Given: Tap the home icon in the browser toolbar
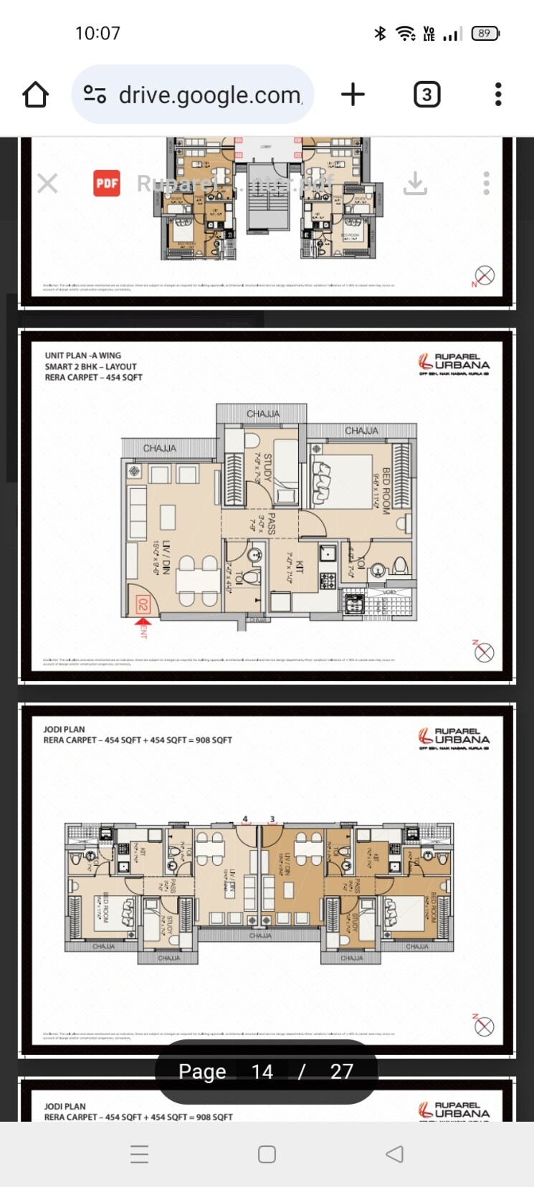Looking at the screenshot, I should (35, 95).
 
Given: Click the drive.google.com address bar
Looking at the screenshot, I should (194, 95).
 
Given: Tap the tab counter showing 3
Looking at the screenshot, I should (426, 95).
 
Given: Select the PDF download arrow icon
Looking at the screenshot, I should (415, 184).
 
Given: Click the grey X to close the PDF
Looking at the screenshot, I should (47, 183).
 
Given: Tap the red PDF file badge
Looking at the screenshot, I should (107, 183).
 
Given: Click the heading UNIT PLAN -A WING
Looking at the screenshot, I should (82, 356).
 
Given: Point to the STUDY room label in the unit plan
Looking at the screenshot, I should (267, 467).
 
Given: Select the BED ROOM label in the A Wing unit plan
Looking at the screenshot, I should (386, 491).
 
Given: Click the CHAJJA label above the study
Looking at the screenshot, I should (263, 414).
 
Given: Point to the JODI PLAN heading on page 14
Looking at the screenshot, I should (64, 730).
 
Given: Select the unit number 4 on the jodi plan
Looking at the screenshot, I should (245, 819).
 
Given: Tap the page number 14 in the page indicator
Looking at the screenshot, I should (262, 1072).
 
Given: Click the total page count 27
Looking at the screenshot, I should (341, 1072).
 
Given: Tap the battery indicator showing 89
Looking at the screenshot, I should (485, 33).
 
